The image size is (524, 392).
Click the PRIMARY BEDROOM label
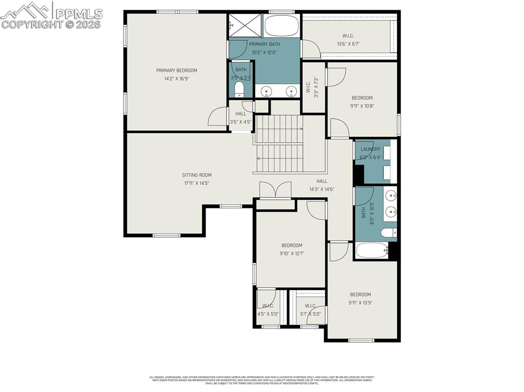coord(177,71)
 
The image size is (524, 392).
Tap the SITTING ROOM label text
coord(196,175)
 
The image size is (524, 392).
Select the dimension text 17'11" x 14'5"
coord(196,183)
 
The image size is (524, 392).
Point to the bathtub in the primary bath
coord(281,25)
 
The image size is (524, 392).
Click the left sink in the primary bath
coord(266,91)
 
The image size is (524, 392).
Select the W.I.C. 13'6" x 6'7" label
coord(348,40)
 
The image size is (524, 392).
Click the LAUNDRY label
coord(370,149)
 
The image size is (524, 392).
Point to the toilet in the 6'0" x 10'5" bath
coord(388,233)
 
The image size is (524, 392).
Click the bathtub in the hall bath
coord(372,250)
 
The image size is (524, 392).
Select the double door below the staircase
coord(275,191)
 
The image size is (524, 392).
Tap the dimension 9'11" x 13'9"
coord(360,302)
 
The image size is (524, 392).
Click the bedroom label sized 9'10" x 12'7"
coord(291,245)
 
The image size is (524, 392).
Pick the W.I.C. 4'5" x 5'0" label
coord(268,310)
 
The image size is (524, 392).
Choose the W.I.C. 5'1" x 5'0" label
coord(310,310)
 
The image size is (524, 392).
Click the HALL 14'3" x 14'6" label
coord(321,185)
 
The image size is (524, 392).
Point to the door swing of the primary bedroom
coord(217,117)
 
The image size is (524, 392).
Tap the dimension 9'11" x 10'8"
coord(362,106)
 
